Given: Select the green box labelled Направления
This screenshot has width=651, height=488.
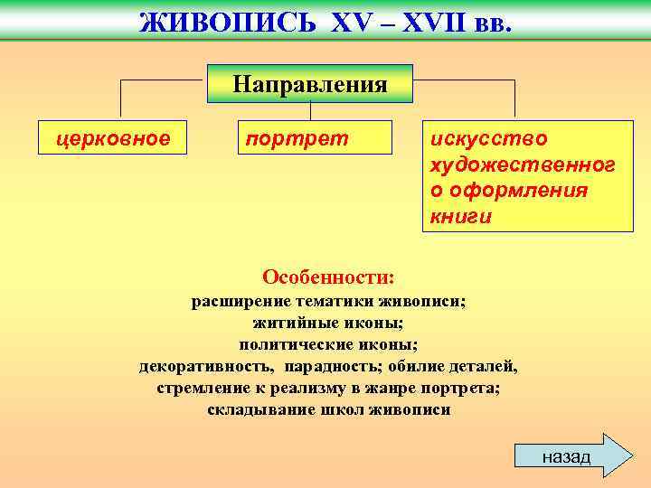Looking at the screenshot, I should tap(310, 84).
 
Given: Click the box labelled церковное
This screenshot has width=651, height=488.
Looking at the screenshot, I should tap(113, 138).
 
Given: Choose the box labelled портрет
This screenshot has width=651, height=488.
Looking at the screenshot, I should tap(313, 138).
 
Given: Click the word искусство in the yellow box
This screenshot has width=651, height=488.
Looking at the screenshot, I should tap(489, 137).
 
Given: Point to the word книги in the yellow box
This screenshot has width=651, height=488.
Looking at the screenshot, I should tap(461, 217).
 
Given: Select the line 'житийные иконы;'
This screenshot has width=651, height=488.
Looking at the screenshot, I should tap(328, 323).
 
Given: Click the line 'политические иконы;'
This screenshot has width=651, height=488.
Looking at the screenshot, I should tap(328, 344).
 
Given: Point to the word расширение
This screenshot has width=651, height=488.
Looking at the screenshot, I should tap(236, 301).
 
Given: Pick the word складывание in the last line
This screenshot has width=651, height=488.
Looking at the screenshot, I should tap(254, 409).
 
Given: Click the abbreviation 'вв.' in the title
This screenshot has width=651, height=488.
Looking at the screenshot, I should tap(492, 22).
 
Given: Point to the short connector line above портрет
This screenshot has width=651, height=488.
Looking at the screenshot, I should tap(310, 111).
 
